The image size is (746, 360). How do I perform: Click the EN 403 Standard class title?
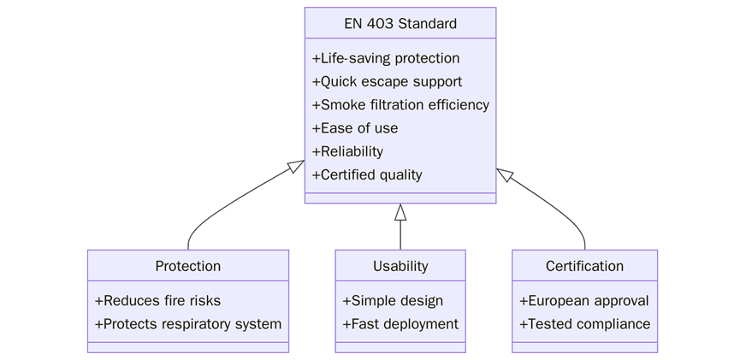click(x=400, y=24)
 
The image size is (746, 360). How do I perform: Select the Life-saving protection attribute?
click(x=386, y=58)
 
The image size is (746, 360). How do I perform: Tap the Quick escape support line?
click(x=387, y=81)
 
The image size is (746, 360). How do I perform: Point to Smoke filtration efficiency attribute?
click(x=400, y=105)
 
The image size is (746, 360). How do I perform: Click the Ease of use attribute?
click(x=355, y=128)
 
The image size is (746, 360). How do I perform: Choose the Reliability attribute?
click(x=347, y=151)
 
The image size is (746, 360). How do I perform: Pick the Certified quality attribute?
click(x=367, y=174)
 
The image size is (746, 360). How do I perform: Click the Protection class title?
click(x=187, y=266)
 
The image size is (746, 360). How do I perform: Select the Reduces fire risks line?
click(x=157, y=301)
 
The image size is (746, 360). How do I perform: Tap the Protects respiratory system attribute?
click(x=187, y=324)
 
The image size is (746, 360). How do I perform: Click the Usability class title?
click(x=400, y=266)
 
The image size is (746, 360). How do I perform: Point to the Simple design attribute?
click(x=393, y=301)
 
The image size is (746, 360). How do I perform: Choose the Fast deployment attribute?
click(x=400, y=324)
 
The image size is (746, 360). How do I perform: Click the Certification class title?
click(x=584, y=266)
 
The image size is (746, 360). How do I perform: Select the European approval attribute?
click(x=584, y=301)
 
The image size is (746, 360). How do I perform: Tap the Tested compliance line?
click(x=584, y=324)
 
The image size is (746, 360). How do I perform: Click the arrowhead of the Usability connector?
click(x=400, y=212)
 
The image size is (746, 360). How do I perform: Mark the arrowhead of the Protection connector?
click(x=297, y=166)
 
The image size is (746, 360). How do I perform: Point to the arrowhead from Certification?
click(x=504, y=174)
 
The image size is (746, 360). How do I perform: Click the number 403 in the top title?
click(x=380, y=24)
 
